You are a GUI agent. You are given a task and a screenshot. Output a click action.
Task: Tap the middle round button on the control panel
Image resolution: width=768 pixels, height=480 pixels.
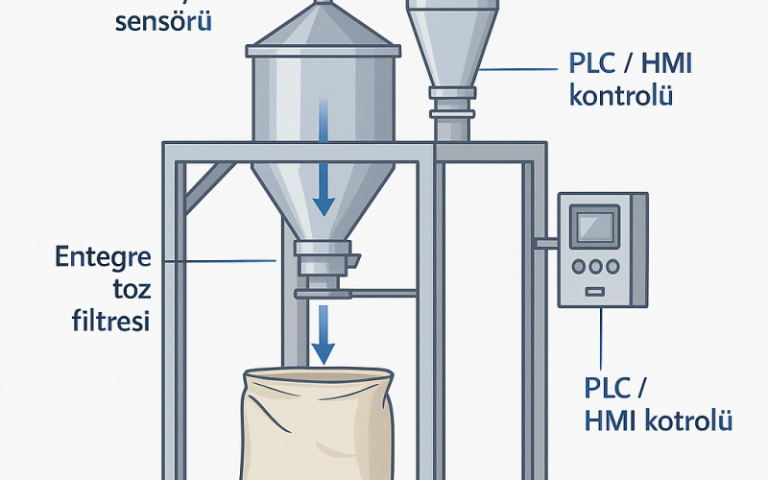point(595,268)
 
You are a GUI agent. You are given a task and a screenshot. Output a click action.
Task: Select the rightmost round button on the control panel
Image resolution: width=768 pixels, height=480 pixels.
point(612,268)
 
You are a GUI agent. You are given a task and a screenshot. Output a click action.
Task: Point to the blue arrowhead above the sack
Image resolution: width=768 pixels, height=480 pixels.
point(324,352)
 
